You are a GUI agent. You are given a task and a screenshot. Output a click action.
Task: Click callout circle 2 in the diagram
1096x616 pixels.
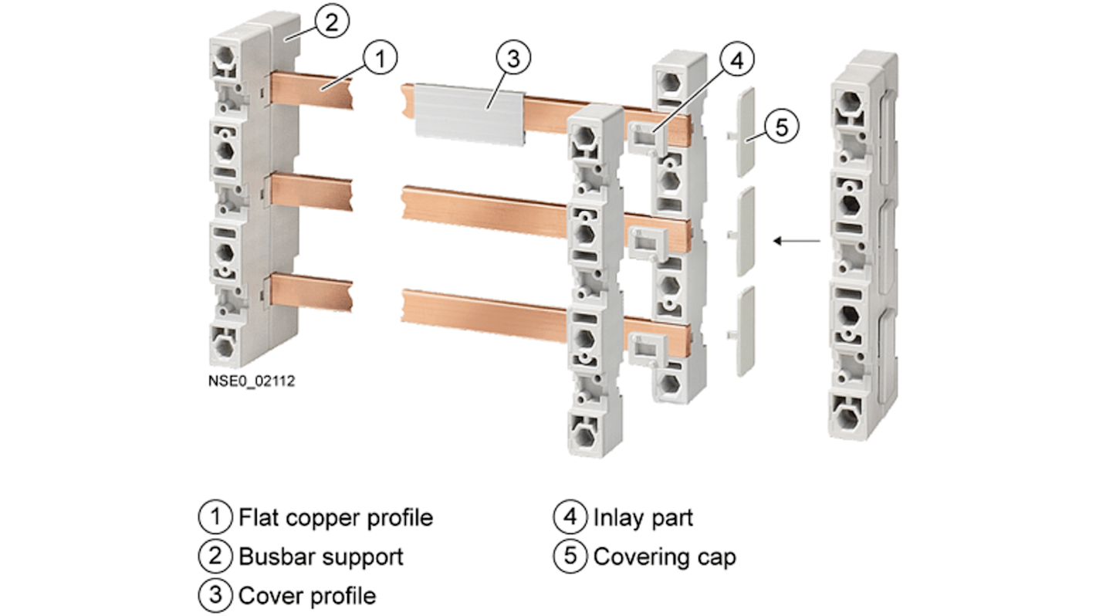pyautogui.click(x=330, y=22)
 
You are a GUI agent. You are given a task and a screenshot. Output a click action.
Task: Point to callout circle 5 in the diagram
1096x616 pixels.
pyautogui.click(x=781, y=127)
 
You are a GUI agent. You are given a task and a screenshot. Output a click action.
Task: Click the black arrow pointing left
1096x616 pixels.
pyautogui.click(x=797, y=242)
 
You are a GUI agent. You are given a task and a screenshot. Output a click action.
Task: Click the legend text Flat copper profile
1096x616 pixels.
pyautogui.click(x=336, y=517)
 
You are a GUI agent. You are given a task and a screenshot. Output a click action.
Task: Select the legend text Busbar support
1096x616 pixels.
pyautogui.click(x=321, y=557)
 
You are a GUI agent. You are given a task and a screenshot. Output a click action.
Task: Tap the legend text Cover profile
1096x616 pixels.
pyautogui.click(x=307, y=596)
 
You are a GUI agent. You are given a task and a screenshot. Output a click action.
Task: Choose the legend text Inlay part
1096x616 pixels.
pyautogui.click(x=643, y=517)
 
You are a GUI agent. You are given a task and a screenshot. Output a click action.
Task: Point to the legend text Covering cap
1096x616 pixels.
pyautogui.click(x=664, y=557)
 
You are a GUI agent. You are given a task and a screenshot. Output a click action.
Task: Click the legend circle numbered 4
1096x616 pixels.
pyautogui.click(x=570, y=516)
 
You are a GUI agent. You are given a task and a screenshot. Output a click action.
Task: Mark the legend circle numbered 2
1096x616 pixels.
pyautogui.click(x=215, y=556)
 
